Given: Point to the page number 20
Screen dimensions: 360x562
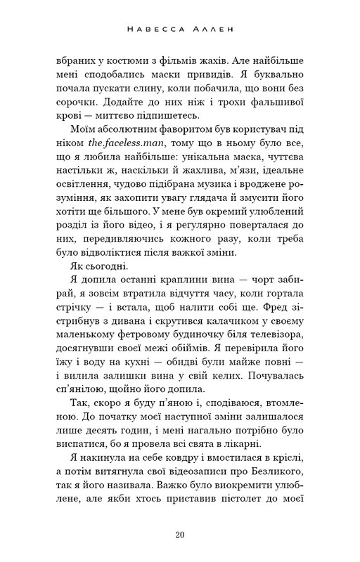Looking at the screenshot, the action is [x=180, y=536].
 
